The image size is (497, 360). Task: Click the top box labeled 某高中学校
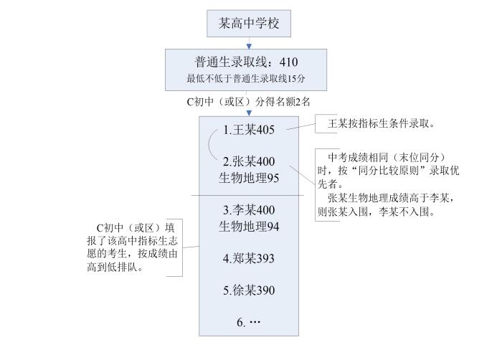pyautogui.click(x=249, y=24)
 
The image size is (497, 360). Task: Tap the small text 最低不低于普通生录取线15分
pyautogui.click(x=247, y=77)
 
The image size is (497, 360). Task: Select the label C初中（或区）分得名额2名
pyautogui.click(x=248, y=101)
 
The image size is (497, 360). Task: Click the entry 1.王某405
pyautogui.click(x=250, y=130)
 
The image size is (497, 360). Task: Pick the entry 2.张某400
pyautogui.click(x=248, y=161)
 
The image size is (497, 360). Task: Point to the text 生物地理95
pyautogui.click(x=248, y=177)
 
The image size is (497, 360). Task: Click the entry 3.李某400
pyautogui.click(x=248, y=211)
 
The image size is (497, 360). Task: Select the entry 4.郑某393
pyautogui.click(x=248, y=258)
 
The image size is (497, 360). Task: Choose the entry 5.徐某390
pyautogui.click(x=248, y=290)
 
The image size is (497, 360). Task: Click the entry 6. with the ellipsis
pyautogui.click(x=248, y=323)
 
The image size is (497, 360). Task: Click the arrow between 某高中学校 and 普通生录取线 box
pyautogui.click(x=249, y=43)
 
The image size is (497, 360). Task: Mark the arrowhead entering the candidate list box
pyautogui.click(x=249, y=113)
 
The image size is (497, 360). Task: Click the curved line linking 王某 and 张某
pyautogui.click(x=211, y=146)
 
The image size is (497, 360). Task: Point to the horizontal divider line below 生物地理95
pyautogui.click(x=248, y=195)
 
